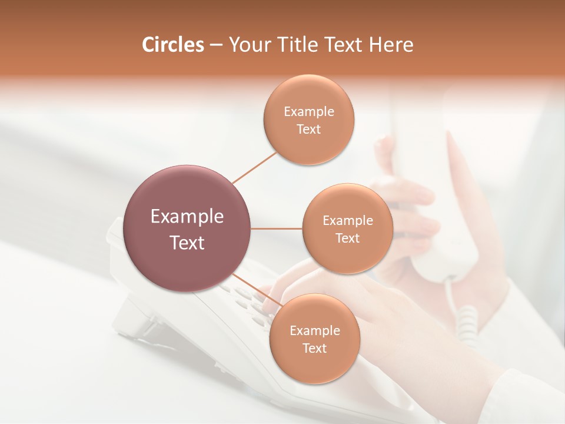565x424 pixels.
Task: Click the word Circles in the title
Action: click(x=172, y=45)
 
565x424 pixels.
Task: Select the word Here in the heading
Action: click(x=391, y=45)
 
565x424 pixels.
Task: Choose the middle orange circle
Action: click(x=347, y=259)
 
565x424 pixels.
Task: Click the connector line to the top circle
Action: click(x=254, y=167)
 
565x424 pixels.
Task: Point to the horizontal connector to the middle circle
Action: click(x=276, y=228)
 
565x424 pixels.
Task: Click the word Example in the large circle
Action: click(x=187, y=217)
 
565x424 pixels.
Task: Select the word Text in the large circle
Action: click(x=187, y=243)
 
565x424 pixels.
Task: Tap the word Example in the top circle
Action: click(x=308, y=111)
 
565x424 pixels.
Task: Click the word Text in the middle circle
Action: click(x=347, y=238)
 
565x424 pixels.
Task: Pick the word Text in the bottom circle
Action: click(x=314, y=348)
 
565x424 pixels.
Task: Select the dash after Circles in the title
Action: click(x=216, y=45)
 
